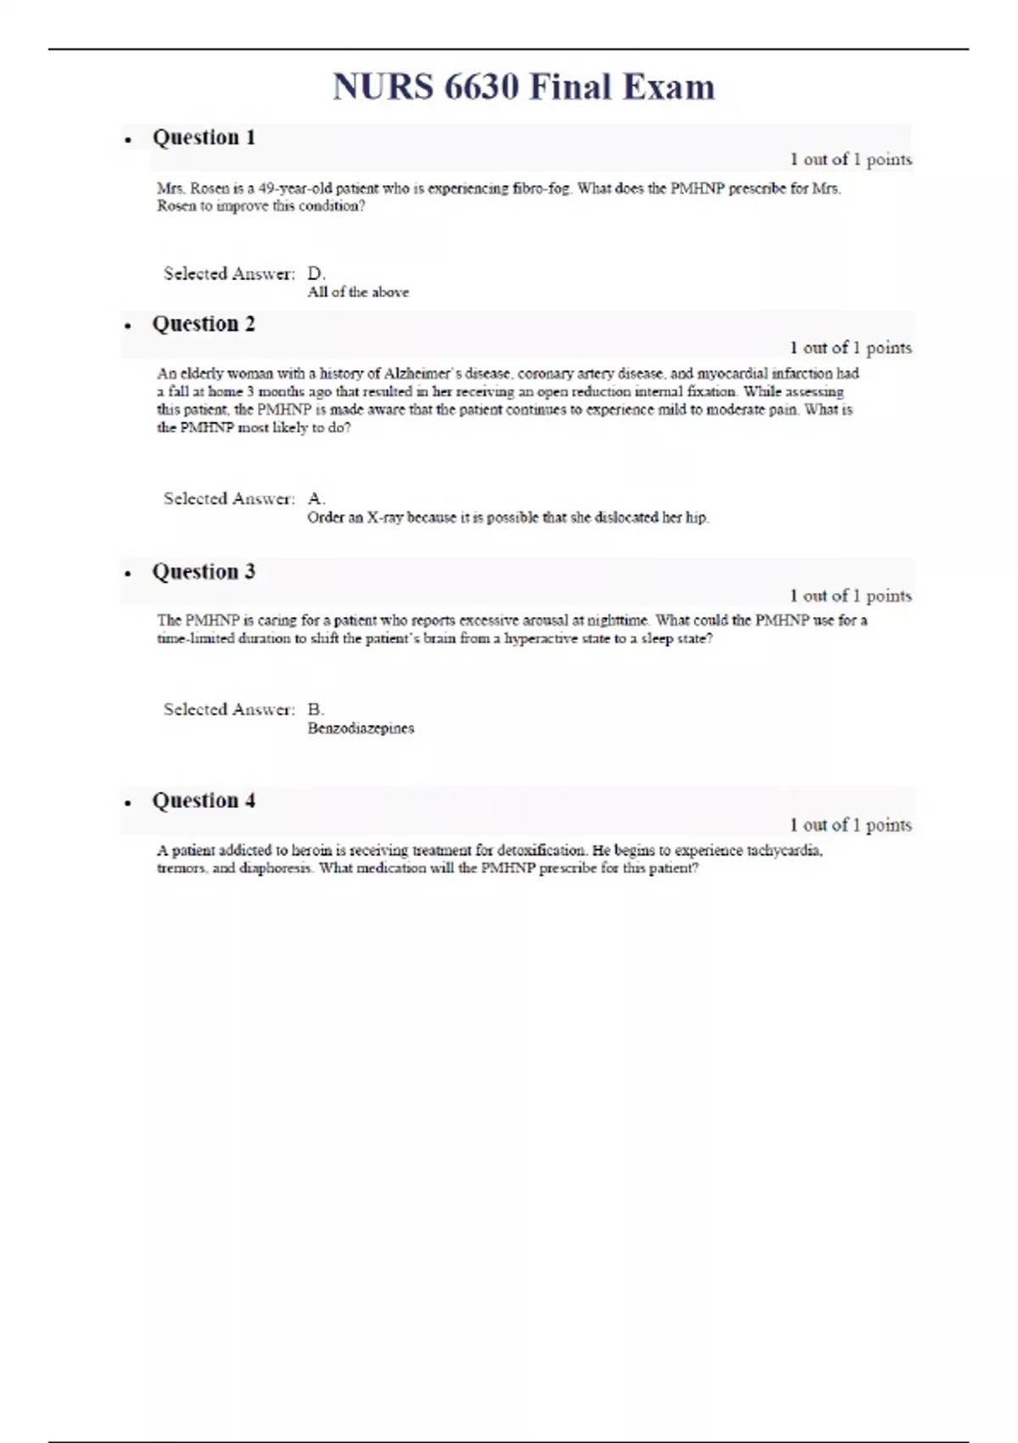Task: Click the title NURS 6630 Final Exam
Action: click(523, 87)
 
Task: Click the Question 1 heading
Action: click(204, 138)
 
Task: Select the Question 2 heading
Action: click(204, 324)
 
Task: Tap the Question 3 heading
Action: click(204, 572)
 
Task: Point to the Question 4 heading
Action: click(204, 801)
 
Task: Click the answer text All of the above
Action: click(358, 292)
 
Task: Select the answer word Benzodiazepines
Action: click(361, 728)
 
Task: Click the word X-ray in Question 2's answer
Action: click(385, 518)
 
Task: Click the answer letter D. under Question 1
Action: click(316, 273)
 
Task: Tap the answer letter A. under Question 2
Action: click(316, 499)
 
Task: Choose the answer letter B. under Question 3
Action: click(316, 710)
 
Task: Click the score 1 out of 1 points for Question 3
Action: click(850, 596)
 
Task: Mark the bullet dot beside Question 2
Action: click(128, 326)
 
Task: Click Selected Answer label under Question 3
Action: click(229, 710)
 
